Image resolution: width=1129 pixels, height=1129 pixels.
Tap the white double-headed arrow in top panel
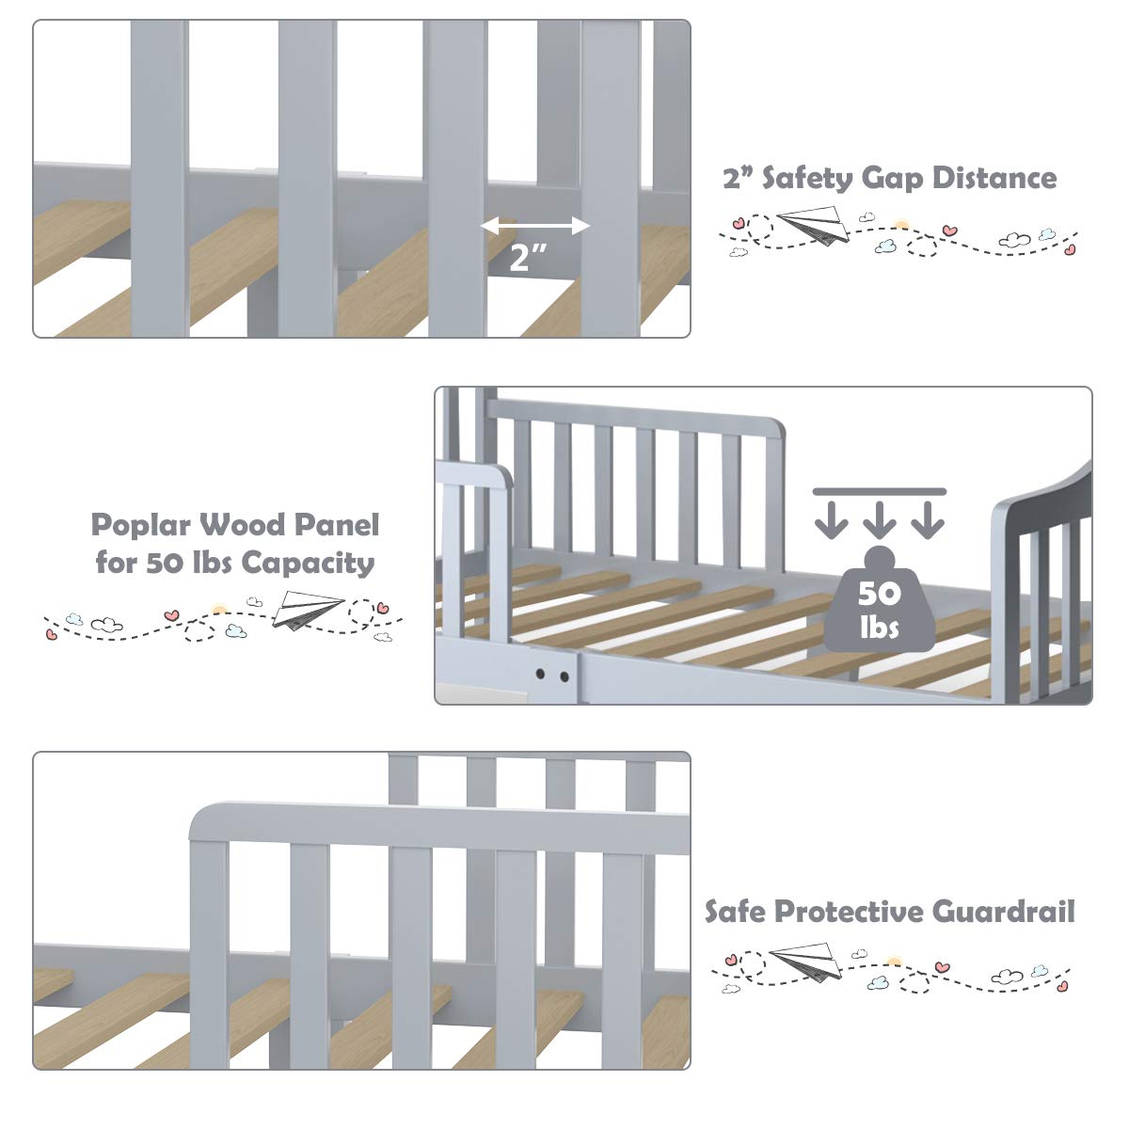point(534,226)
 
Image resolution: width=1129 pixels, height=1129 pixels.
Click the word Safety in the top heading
point(814,178)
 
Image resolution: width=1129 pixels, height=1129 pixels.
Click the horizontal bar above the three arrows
point(879,491)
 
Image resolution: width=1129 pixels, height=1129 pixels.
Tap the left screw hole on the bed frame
point(542,676)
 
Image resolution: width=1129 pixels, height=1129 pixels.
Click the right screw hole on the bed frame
point(564,676)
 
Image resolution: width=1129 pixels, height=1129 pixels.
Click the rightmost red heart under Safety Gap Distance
point(1070,250)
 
